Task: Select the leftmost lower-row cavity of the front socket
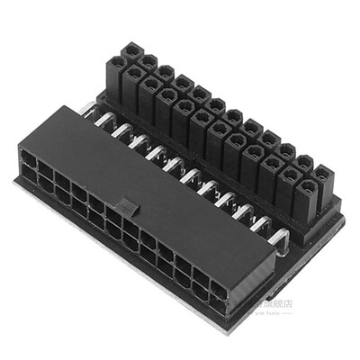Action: click(26, 177)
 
